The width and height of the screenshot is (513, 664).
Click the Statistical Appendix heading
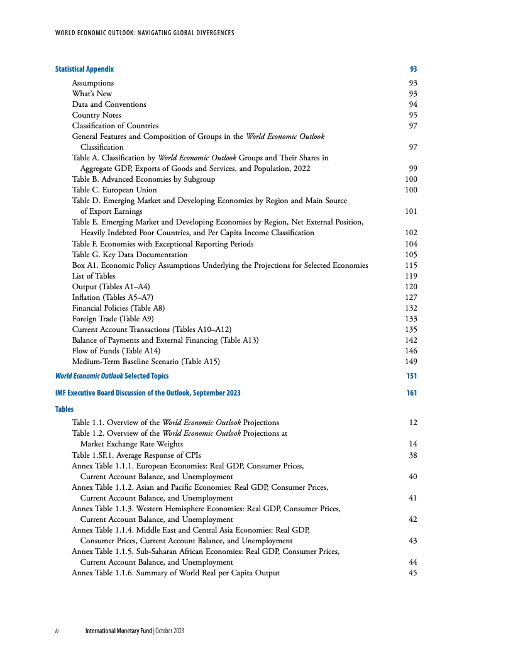point(84,69)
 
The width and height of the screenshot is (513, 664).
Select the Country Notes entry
point(96,115)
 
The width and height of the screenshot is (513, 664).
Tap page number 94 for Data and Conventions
point(413,104)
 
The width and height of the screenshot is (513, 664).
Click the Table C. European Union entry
point(114,190)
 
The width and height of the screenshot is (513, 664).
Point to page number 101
point(411,211)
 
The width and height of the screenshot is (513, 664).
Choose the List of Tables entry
point(94,276)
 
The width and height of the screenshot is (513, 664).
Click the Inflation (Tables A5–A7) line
point(113,297)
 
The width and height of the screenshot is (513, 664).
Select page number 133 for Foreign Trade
point(411,319)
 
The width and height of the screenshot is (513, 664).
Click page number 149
point(411,362)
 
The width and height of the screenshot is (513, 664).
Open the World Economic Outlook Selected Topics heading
point(112,376)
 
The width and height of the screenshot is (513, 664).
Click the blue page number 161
point(411,393)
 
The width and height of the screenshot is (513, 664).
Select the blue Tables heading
point(64,409)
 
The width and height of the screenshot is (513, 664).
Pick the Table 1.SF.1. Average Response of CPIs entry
point(143,455)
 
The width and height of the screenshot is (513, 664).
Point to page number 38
point(413,455)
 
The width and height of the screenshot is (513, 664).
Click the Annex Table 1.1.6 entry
point(175,573)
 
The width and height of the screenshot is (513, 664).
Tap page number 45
point(413,573)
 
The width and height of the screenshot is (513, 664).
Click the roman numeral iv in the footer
point(57,631)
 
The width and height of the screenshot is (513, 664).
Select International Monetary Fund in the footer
point(118,631)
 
